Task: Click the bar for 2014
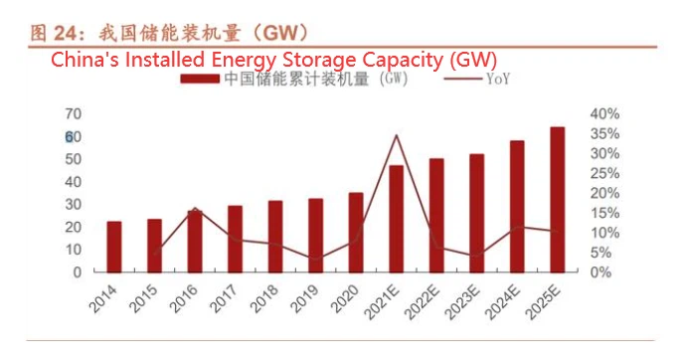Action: click(x=114, y=246)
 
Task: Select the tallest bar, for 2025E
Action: click(x=558, y=199)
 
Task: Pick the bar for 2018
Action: click(x=275, y=236)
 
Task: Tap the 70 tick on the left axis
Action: click(x=73, y=113)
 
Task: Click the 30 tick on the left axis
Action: click(x=73, y=204)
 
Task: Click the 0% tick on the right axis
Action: click(x=601, y=270)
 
